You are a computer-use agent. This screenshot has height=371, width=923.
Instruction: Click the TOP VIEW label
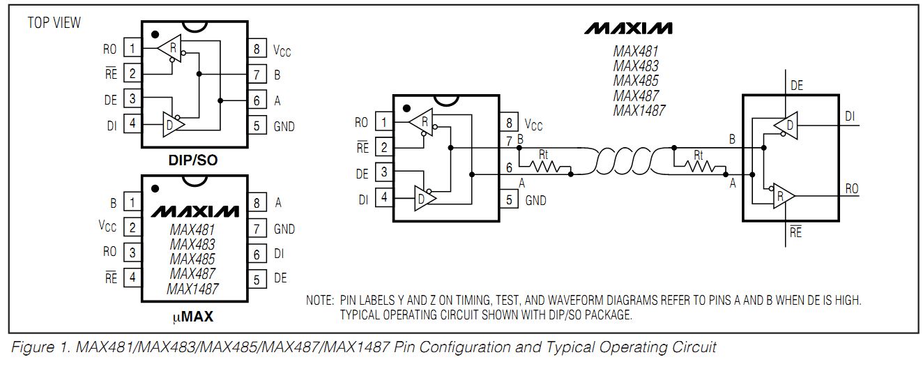coord(54,23)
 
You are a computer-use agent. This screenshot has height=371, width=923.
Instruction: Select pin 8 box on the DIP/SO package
coord(257,49)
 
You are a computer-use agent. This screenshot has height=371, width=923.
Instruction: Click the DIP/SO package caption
coord(193,160)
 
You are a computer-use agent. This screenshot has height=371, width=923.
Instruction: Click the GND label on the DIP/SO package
coord(284,126)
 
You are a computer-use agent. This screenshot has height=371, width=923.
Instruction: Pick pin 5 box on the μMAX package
coord(257,279)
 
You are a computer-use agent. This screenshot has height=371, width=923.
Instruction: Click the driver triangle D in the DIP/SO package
coord(171,125)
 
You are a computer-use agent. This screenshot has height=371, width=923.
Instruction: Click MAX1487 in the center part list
coord(639,110)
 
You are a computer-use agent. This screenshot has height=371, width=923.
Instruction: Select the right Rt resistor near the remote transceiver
coord(698,166)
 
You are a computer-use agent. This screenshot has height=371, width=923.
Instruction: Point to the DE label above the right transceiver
coord(797,86)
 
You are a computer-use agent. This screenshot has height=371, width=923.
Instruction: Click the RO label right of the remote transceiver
coord(851,189)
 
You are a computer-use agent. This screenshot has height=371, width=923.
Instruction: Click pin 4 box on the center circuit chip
coord(383,197)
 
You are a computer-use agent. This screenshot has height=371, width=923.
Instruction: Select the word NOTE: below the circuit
coord(319,301)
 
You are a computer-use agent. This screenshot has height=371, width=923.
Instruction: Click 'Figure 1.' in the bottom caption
coord(40,347)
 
